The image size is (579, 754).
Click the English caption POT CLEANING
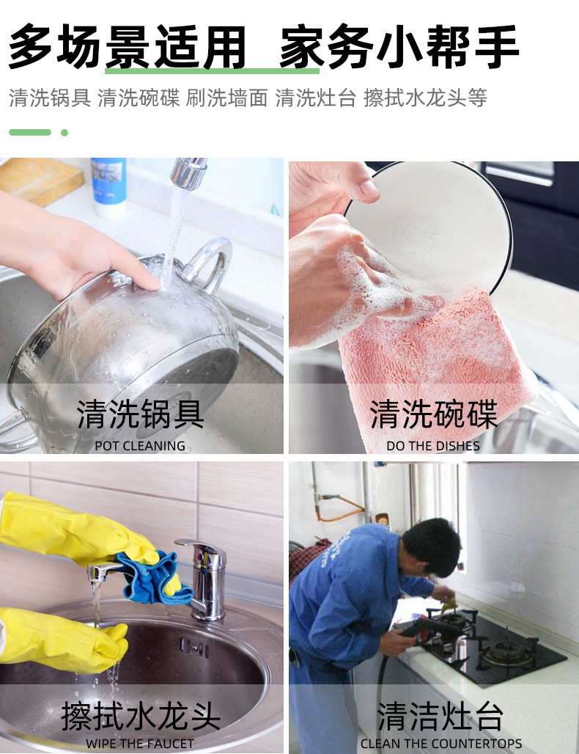coord(140,445)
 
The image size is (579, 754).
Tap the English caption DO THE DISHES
coord(433,445)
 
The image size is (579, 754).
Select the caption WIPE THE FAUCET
coord(140,743)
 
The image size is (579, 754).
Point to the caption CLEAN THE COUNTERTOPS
coord(441,743)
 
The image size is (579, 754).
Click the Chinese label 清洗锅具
coord(141,414)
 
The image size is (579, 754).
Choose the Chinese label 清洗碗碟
coord(433,414)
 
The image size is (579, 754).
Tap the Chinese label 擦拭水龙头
coord(141,715)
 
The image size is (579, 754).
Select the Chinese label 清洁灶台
coord(440,715)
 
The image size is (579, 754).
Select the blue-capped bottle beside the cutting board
coord(108,187)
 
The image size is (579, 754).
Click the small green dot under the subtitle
coord(64,133)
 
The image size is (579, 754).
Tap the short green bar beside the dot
coord(30,133)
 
